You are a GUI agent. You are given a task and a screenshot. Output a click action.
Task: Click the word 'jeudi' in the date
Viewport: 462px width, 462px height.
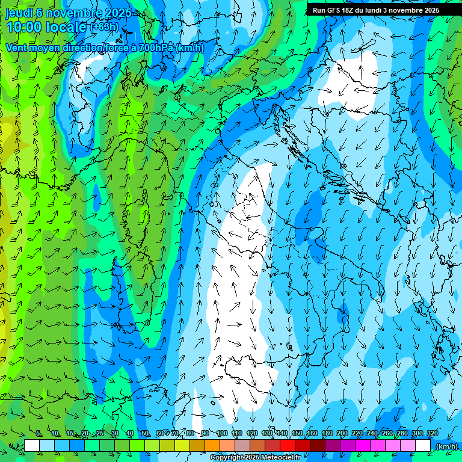click(x=19, y=13)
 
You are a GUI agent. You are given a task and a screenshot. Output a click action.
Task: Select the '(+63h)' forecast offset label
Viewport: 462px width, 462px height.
click(x=105, y=27)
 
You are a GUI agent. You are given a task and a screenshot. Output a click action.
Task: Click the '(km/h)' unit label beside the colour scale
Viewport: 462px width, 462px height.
click(x=446, y=446)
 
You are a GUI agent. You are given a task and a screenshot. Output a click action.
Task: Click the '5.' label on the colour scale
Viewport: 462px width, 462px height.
click(x=39, y=434)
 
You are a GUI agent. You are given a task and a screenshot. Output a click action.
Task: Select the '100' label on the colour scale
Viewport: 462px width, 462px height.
click(x=222, y=434)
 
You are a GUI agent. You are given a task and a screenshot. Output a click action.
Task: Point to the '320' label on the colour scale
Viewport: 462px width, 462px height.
click(x=432, y=434)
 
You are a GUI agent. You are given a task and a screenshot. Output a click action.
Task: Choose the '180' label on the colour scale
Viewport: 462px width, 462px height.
click(x=327, y=434)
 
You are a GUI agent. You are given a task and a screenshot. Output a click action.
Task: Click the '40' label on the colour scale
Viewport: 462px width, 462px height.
click(x=130, y=434)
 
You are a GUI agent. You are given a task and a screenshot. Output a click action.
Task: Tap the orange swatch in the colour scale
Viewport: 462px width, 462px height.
click(x=212, y=446)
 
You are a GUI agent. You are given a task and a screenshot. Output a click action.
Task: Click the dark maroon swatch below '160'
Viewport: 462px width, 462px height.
click(x=318, y=446)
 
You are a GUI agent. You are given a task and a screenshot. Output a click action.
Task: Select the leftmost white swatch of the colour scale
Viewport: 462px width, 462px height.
click(x=32, y=446)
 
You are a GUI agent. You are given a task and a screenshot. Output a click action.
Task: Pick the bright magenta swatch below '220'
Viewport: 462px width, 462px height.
click(x=363, y=446)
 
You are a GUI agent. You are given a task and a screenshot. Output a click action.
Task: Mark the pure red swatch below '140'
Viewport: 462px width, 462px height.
click(x=288, y=446)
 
